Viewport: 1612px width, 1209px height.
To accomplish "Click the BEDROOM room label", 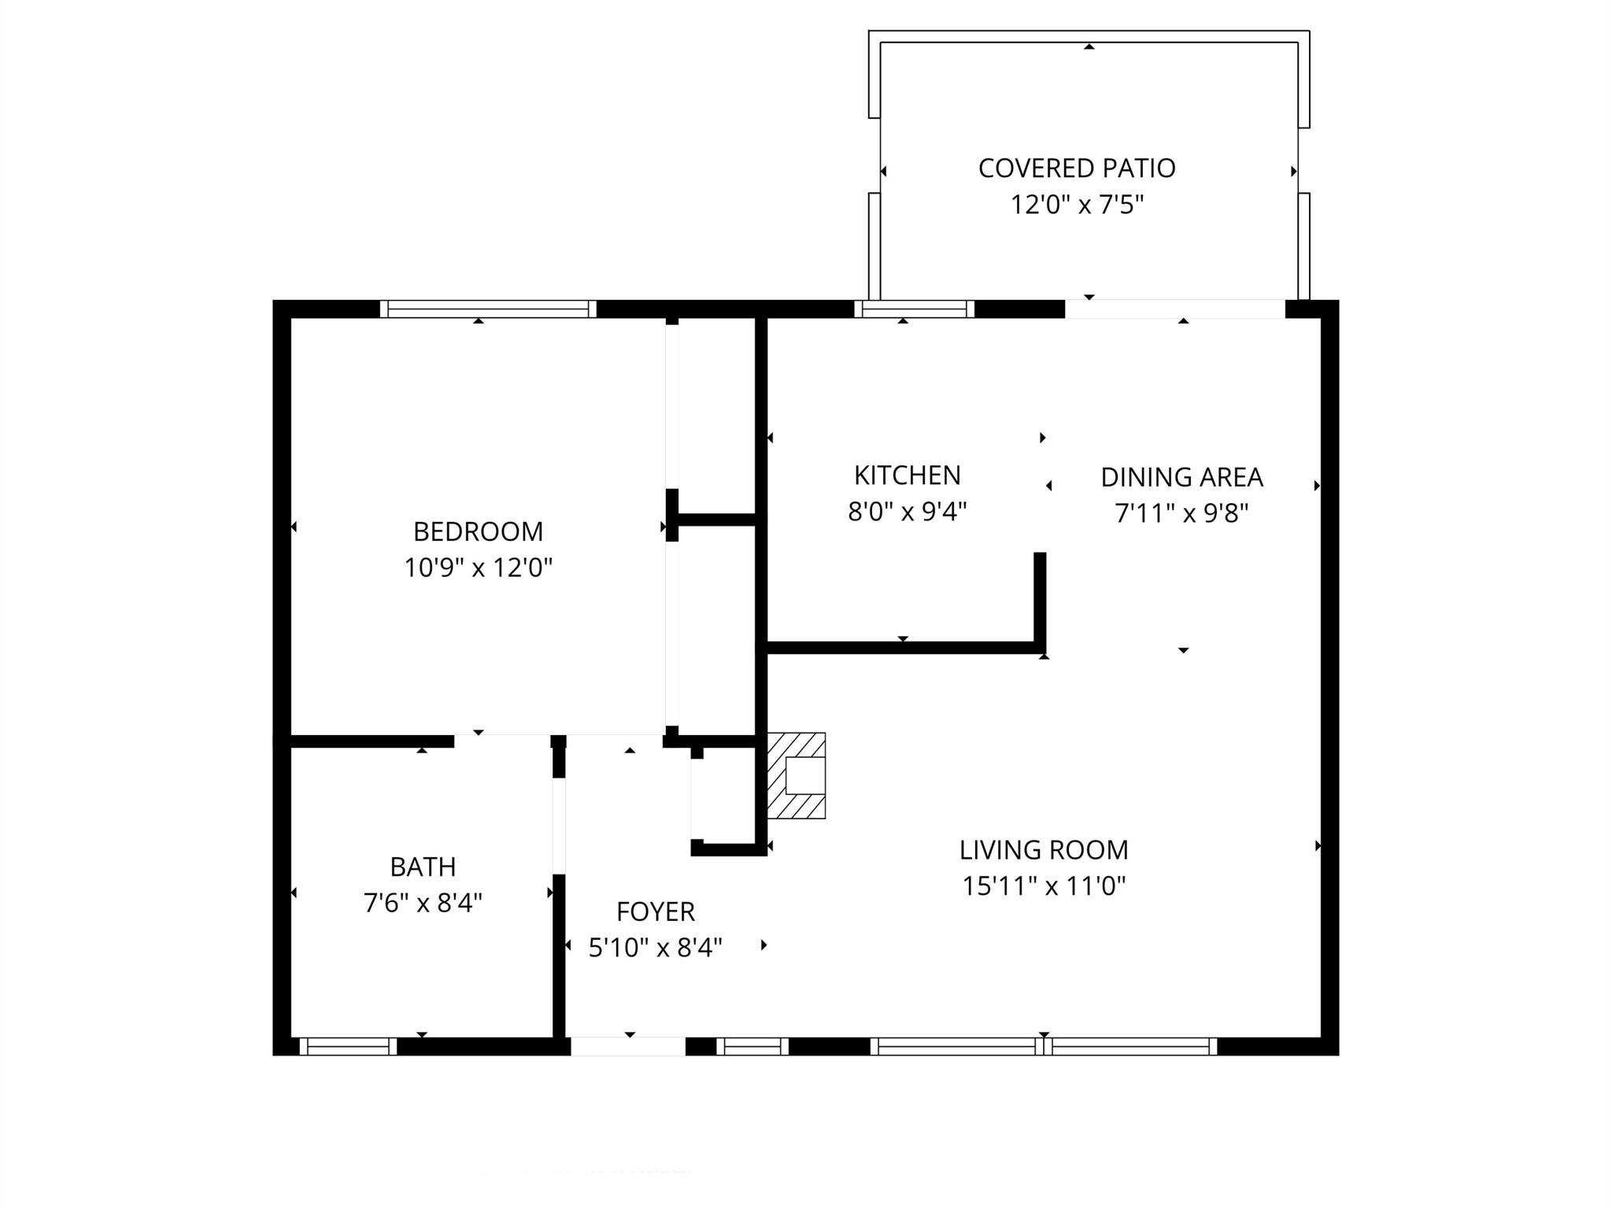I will (x=478, y=532).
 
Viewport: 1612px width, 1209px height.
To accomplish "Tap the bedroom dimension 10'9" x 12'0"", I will (x=478, y=568).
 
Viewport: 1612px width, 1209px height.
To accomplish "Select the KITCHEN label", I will (x=907, y=475).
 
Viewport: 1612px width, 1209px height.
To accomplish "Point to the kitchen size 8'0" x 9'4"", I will (x=907, y=512).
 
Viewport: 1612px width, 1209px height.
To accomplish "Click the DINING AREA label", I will (x=1181, y=477).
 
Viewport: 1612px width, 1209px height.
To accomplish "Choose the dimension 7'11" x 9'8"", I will (x=1181, y=513).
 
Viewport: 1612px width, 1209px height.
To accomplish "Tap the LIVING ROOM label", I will (x=1044, y=850).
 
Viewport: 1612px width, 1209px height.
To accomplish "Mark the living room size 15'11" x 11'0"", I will (x=1044, y=886).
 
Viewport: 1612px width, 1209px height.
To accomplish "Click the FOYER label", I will (x=655, y=911).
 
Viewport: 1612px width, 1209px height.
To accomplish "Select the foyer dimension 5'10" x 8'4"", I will (x=655, y=948).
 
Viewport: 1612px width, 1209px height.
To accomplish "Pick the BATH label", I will (x=423, y=867).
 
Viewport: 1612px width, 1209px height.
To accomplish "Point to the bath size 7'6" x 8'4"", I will (x=423, y=903).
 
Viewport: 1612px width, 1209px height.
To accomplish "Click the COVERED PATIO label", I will (x=1077, y=168).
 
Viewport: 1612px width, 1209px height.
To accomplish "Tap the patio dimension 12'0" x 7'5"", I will (x=1077, y=205).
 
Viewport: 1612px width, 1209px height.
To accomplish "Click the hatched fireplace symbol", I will (x=797, y=775).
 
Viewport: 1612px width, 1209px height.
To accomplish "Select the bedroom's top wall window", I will (x=488, y=309).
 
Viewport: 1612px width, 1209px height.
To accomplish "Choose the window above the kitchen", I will (x=914, y=309).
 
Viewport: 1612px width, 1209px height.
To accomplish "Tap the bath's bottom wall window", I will (x=347, y=1046).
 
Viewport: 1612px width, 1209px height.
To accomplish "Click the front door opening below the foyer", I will (x=627, y=1046).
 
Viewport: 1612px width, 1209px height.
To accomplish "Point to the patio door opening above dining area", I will (x=1174, y=309).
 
